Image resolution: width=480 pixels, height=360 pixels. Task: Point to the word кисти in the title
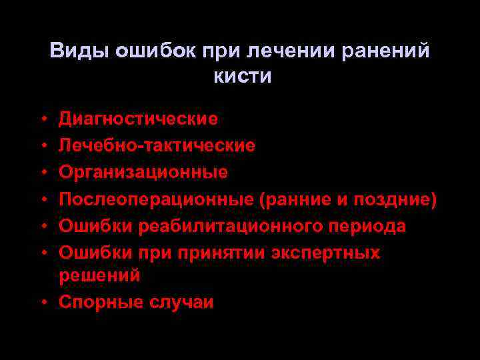pyautogui.click(x=242, y=76)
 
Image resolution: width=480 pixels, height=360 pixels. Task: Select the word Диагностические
pyautogui.click(x=138, y=119)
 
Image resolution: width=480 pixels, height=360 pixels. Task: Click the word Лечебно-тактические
pyautogui.click(x=157, y=145)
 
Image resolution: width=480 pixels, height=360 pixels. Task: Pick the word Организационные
pyautogui.click(x=143, y=172)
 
